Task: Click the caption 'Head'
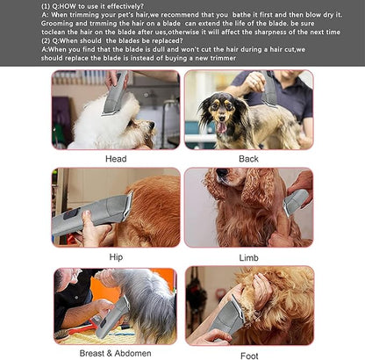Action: click(116, 159)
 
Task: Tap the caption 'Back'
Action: click(249, 159)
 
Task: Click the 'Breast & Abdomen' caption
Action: click(116, 354)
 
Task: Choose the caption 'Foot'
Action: click(249, 356)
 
